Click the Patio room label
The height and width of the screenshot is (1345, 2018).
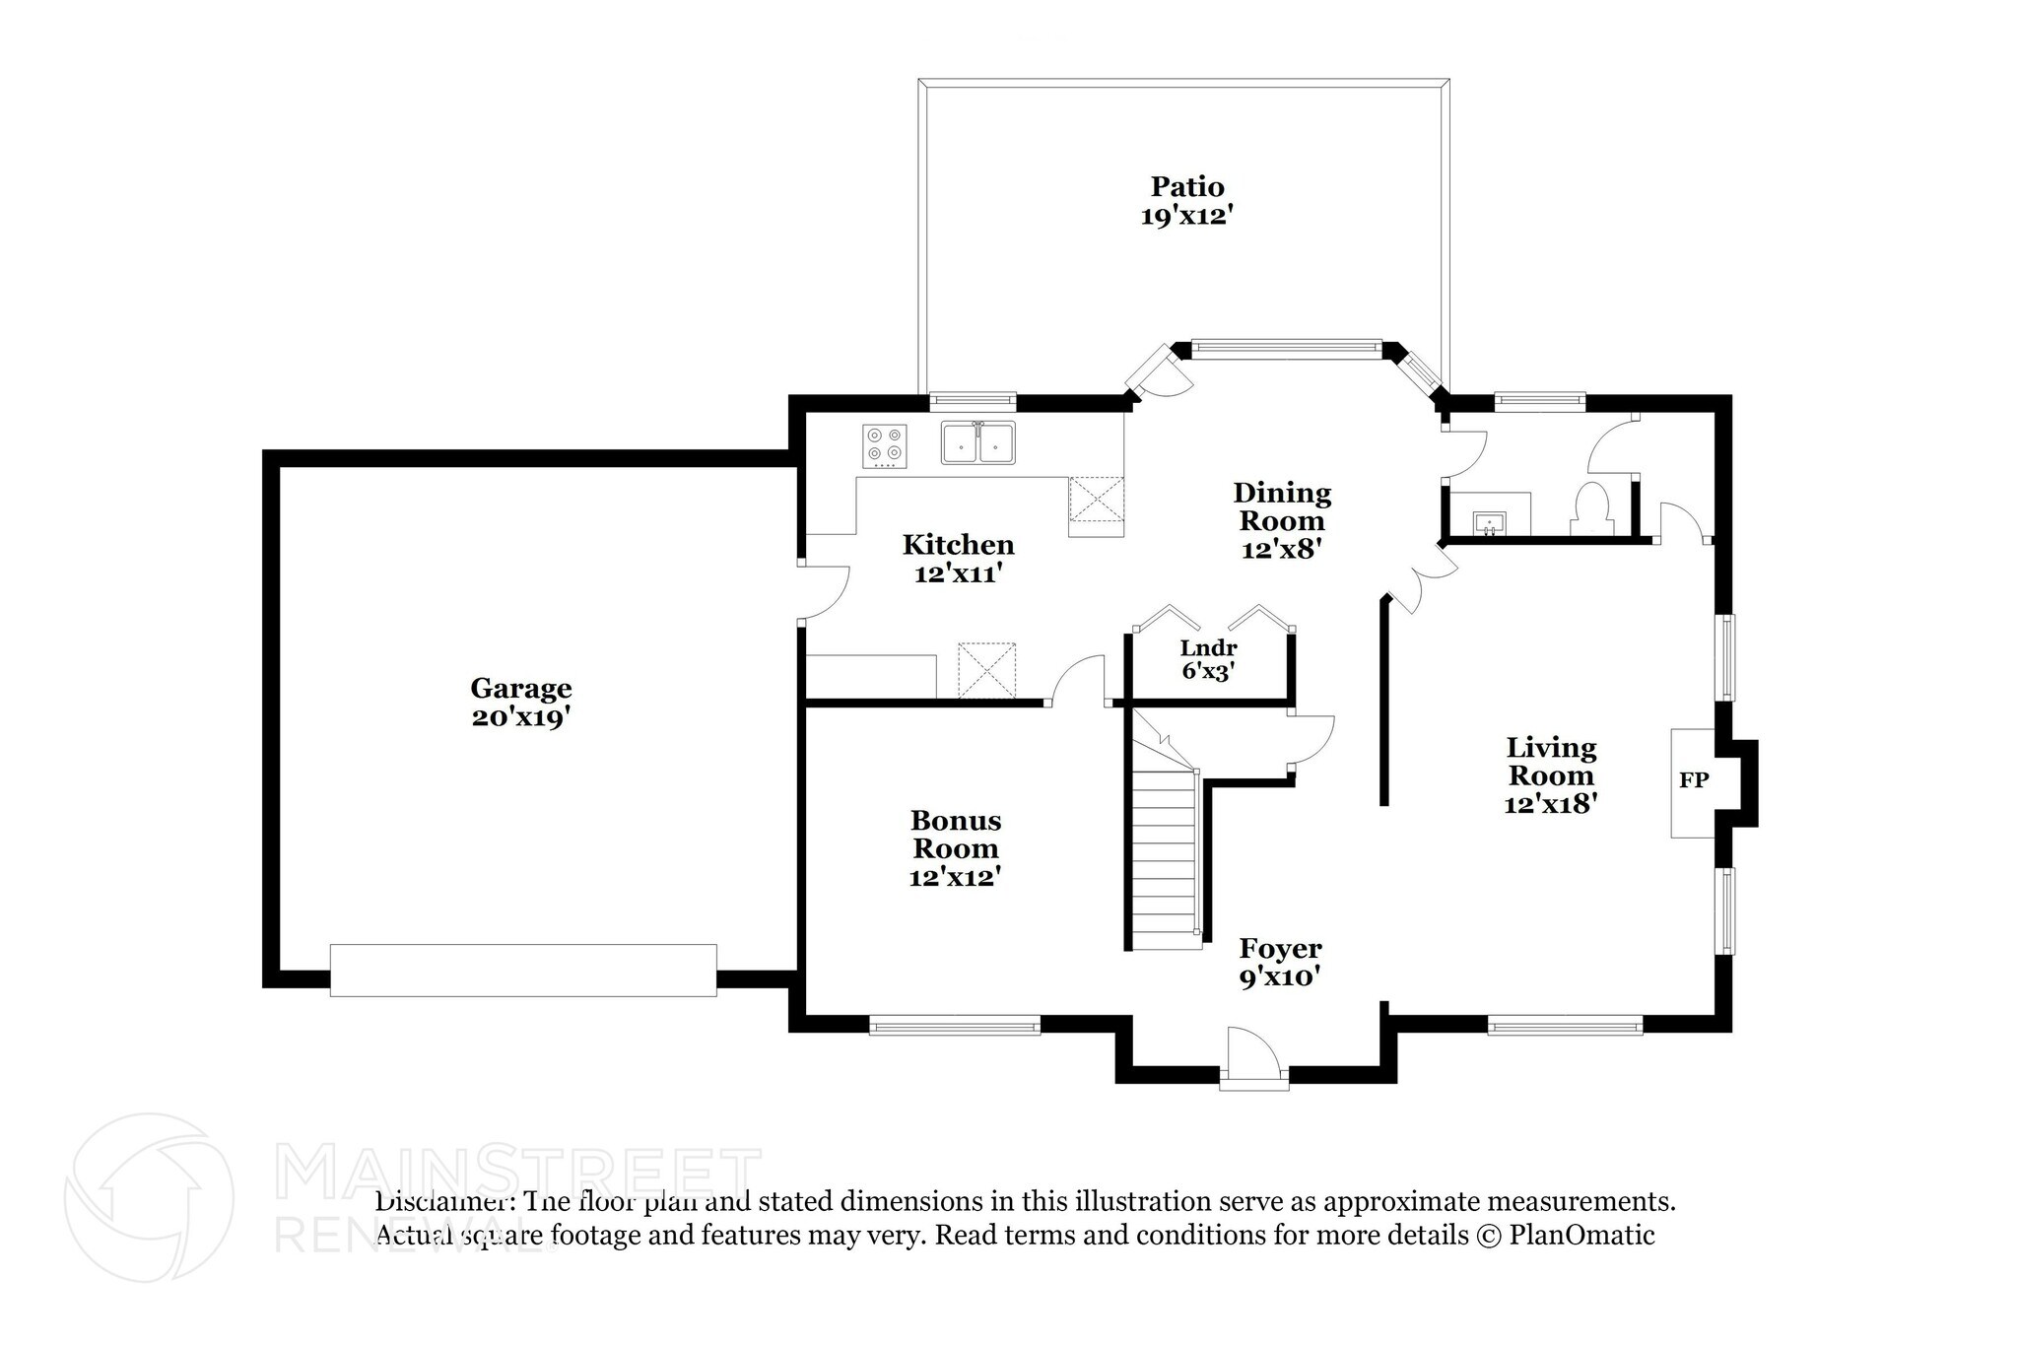[x=1187, y=186]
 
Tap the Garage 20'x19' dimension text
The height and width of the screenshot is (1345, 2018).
[x=521, y=717]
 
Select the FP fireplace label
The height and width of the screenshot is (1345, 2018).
[x=1693, y=780]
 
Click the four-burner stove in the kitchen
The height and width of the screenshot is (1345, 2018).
[x=885, y=445]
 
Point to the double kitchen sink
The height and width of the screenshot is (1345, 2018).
[x=978, y=443]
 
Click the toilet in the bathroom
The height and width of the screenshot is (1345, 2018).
[x=1591, y=509]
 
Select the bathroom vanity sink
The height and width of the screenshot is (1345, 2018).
[x=1490, y=521]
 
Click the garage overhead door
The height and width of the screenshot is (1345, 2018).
[x=522, y=971]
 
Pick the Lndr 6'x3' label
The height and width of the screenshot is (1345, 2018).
[x=1209, y=660]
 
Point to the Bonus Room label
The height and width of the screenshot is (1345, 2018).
[x=955, y=834]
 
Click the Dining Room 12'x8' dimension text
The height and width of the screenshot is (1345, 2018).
[x=1281, y=549]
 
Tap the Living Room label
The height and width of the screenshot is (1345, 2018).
[x=1550, y=761]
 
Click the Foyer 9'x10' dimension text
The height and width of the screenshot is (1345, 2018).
[x=1279, y=976]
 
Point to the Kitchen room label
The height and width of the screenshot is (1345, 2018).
[x=958, y=544]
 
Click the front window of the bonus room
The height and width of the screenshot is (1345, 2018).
[x=954, y=1027]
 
